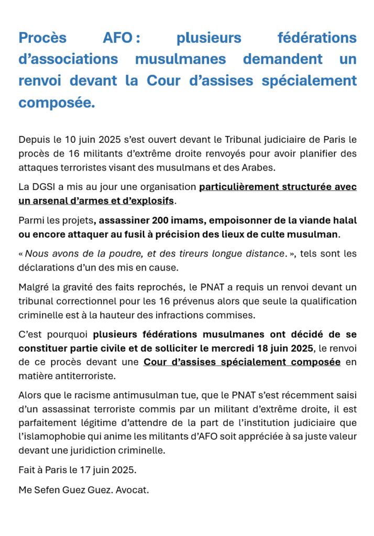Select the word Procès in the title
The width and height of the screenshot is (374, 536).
(42, 38)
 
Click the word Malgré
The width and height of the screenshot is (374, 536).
(34, 287)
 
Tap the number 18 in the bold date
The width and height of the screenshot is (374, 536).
(265, 348)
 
